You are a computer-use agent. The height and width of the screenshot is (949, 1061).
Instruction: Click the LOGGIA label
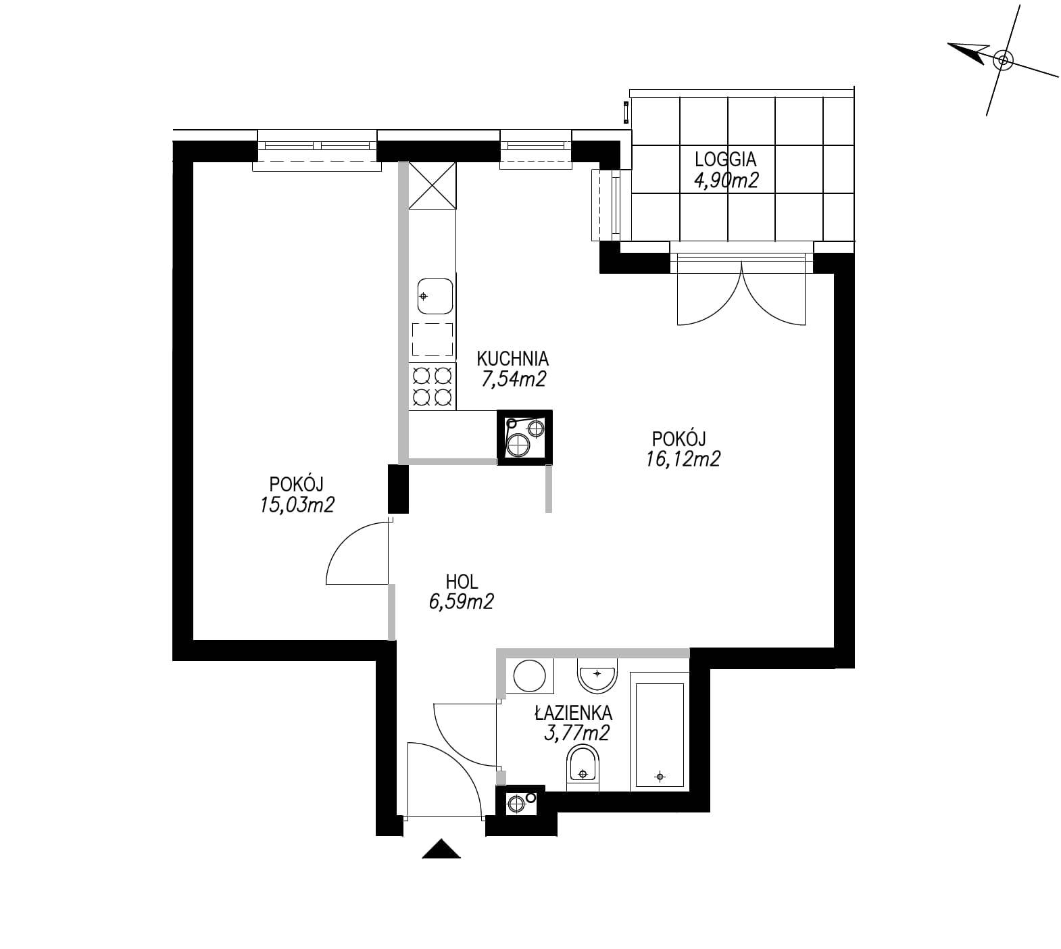[725, 160]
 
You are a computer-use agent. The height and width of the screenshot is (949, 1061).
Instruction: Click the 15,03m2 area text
[297, 505]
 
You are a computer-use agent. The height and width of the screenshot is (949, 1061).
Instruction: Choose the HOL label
[462, 581]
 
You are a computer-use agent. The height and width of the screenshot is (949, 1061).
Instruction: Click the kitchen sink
[435, 296]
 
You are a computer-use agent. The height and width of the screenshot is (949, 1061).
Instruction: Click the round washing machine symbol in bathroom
[530, 675]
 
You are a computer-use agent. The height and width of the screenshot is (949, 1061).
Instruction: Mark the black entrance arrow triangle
[441, 849]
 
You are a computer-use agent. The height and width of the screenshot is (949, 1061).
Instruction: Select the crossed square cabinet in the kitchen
[432, 186]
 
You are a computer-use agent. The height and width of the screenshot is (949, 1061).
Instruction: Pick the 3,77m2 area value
[576, 733]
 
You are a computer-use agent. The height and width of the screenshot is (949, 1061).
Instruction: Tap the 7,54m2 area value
[513, 379]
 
